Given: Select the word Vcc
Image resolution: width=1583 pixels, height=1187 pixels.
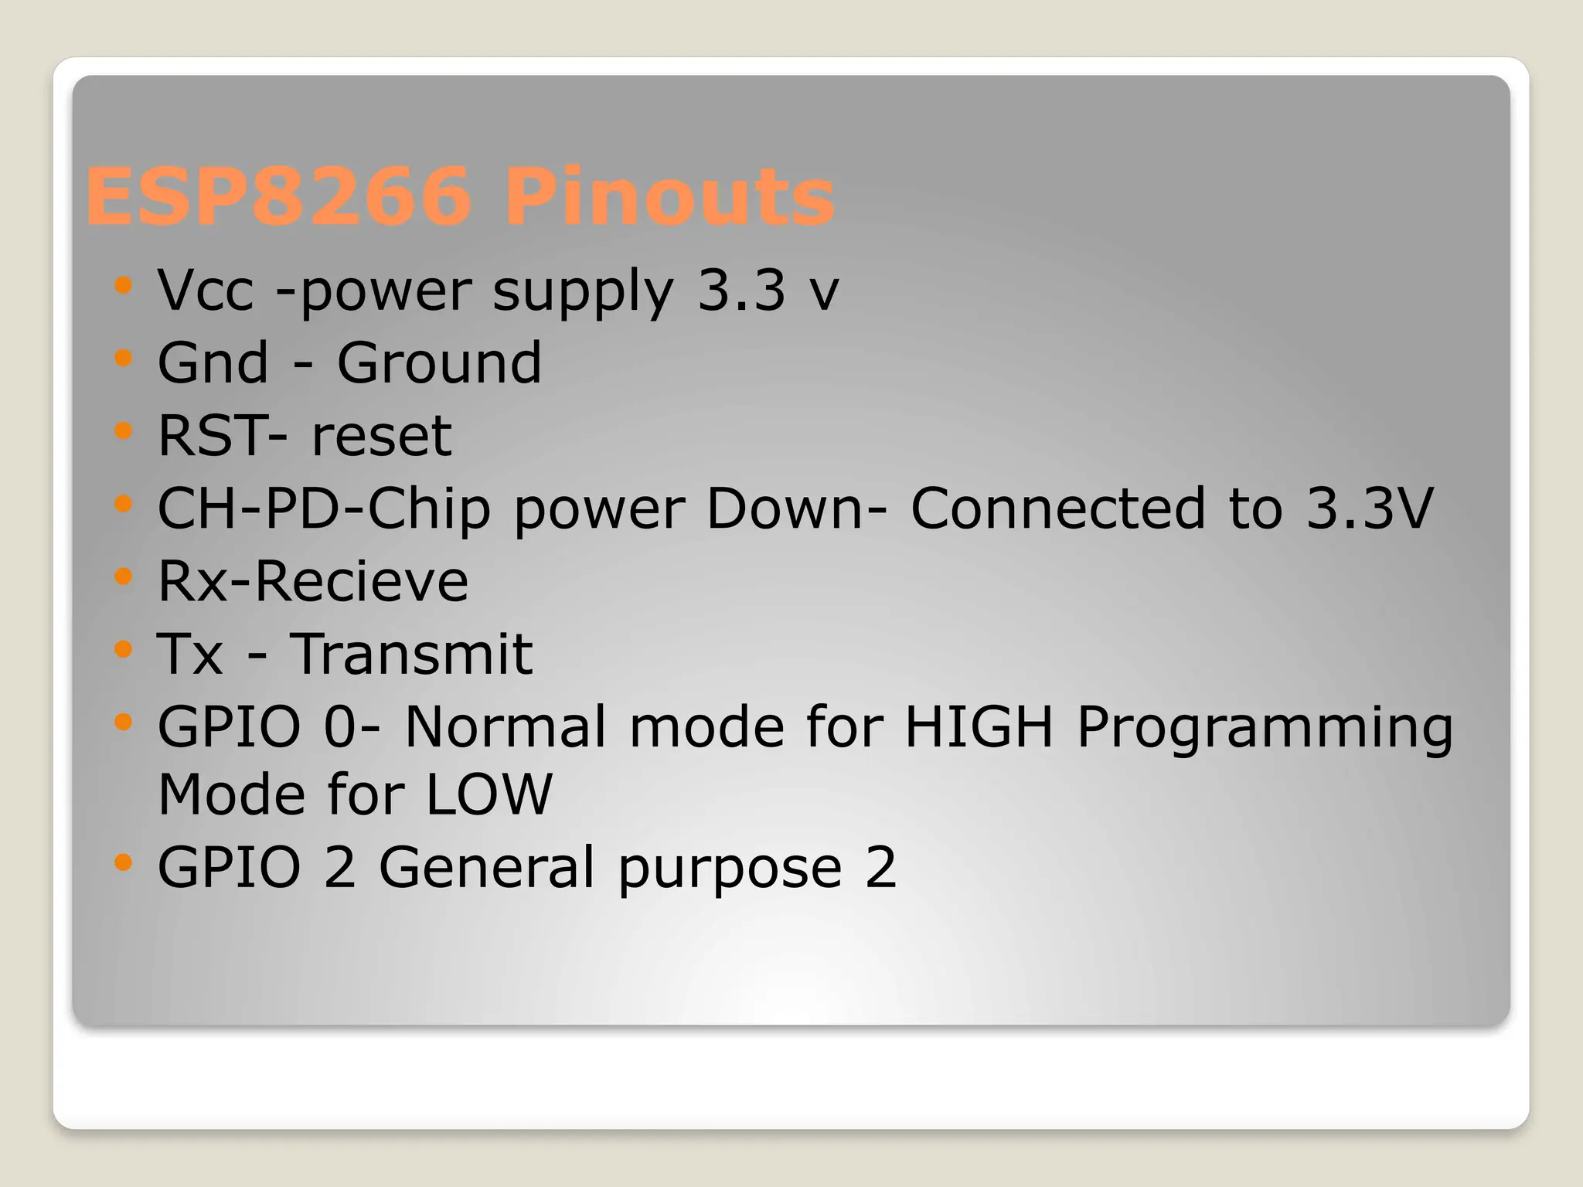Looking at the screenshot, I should pyautogui.click(x=206, y=291).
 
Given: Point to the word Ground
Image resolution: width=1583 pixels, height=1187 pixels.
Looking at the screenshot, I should pyautogui.click(x=439, y=362).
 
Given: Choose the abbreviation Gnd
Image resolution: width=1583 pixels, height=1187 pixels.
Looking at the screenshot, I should pyautogui.click(x=213, y=362).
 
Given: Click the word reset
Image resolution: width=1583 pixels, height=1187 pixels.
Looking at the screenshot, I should pyautogui.click(x=381, y=436).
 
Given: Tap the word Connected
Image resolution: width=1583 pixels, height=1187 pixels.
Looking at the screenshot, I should pyautogui.click(x=1058, y=508).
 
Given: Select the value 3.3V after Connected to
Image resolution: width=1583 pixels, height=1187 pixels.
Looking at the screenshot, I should pyautogui.click(x=1370, y=508).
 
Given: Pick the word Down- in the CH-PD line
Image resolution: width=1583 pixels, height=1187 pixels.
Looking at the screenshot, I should pyautogui.click(x=797, y=508).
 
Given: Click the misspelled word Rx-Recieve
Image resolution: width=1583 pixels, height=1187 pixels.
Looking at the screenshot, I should pyautogui.click(x=313, y=581).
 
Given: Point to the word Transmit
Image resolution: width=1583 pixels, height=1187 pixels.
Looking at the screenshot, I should pyautogui.click(x=411, y=654).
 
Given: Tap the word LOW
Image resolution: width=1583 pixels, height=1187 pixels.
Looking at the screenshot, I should pyautogui.click(x=489, y=794).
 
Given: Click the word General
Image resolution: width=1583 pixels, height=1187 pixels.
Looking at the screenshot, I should pyautogui.click(x=487, y=867).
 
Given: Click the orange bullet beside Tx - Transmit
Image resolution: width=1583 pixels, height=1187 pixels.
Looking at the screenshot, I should pyautogui.click(x=123, y=649).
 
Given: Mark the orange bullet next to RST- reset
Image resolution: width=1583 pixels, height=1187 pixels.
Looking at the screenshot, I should pyautogui.click(x=123, y=430).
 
